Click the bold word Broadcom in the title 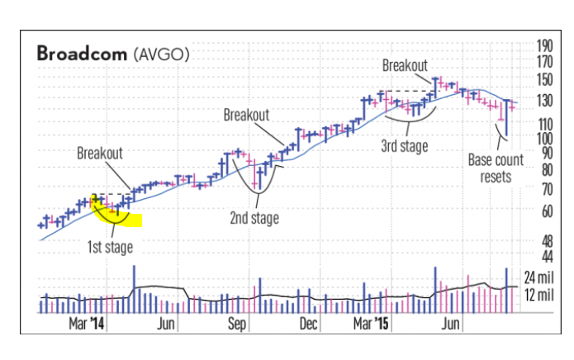tap(81, 54)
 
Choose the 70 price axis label tap(543, 188)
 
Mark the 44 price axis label tap(543, 256)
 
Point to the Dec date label tap(309, 324)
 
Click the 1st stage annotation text tap(110, 245)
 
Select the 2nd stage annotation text tap(254, 219)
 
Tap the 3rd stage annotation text tap(404, 147)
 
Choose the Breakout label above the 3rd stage tap(405, 64)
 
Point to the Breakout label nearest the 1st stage tap(100, 153)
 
